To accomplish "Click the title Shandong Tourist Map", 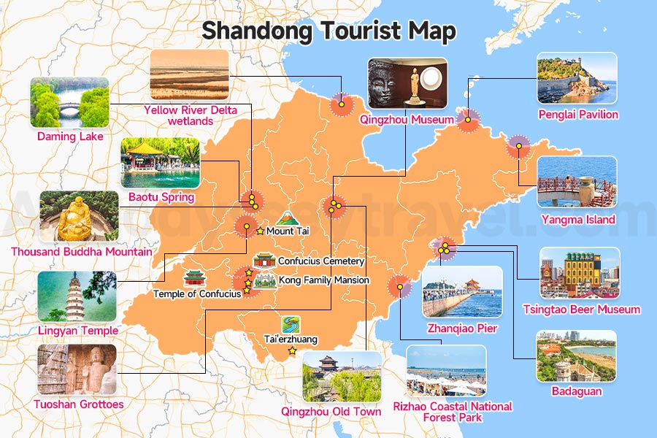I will (x=328, y=31).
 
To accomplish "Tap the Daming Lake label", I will (x=71, y=136).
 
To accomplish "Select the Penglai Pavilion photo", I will (x=577, y=79).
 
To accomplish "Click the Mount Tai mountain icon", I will (x=285, y=218).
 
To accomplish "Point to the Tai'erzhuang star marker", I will (x=293, y=350).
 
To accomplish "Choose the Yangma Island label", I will (x=578, y=219).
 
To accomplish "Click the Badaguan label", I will (x=576, y=391).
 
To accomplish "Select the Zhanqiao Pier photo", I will (x=462, y=291).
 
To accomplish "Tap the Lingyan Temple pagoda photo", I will (x=77, y=296).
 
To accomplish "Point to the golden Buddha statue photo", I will (x=78, y=217).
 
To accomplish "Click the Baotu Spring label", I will (x=161, y=197).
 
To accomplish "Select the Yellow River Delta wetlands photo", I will (x=189, y=75).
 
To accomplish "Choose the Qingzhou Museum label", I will (x=407, y=120).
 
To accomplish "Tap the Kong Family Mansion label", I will (x=323, y=280).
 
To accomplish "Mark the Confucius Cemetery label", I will (x=321, y=261).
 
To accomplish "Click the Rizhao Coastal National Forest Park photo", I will (x=446, y=371).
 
